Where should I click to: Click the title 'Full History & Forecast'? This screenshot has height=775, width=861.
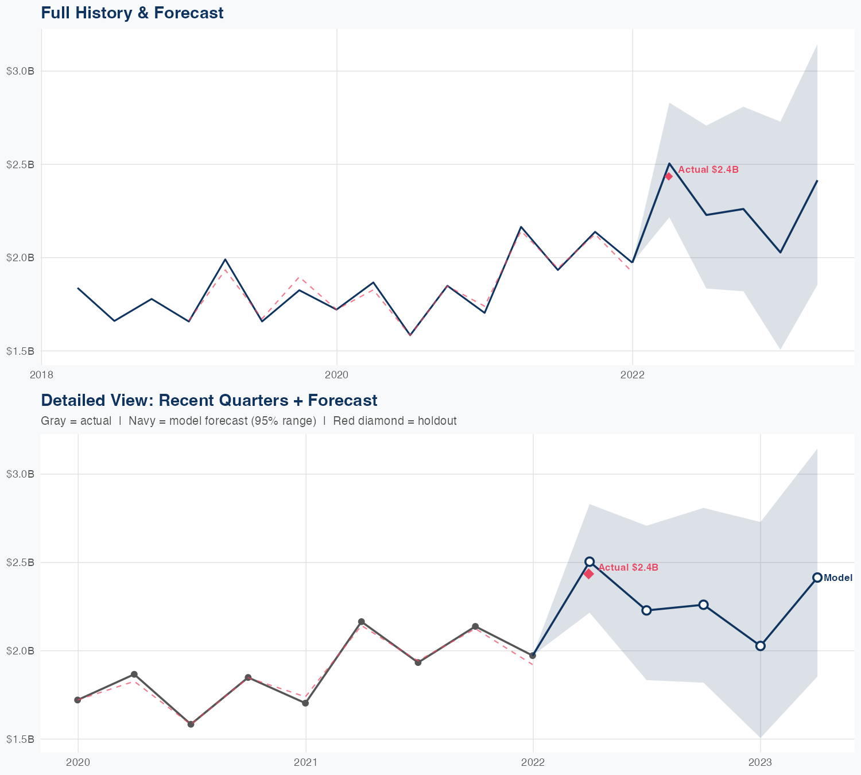pyautogui.click(x=132, y=13)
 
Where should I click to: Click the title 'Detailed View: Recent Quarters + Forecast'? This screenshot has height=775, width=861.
pyautogui.click(x=209, y=400)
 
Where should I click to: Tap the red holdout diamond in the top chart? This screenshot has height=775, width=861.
pyautogui.click(x=669, y=176)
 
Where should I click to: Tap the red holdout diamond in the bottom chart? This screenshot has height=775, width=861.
pyautogui.click(x=588, y=573)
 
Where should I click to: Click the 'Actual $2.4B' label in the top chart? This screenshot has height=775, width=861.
pyautogui.click(x=708, y=170)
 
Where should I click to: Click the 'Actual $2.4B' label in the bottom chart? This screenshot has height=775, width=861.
pyautogui.click(x=628, y=567)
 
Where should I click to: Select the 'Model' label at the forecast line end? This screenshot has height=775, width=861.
pyautogui.click(x=837, y=578)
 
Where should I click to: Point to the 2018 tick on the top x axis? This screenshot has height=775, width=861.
pyautogui.click(x=41, y=375)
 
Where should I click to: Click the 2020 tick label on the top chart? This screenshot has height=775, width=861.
pyautogui.click(x=336, y=375)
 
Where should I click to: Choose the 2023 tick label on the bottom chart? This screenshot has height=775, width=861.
pyautogui.click(x=760, y=762)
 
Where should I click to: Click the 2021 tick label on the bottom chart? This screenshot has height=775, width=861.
pyautogui.click(x=305, y=762)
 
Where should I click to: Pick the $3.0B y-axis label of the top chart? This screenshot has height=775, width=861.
pyautogui.click(x=20, y=71)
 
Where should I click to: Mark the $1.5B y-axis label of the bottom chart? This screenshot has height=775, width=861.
pyautogui.click(x=20, y=739)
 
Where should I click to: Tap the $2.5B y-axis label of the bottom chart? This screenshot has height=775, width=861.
pyautogui.click(x=20, y=562)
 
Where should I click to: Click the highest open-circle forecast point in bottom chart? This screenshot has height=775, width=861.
pyautogui.click(x=589, y=561)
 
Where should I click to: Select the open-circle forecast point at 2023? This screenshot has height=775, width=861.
pyautogui.click(x=761, y=646)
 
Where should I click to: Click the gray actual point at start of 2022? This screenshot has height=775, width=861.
pyautogui.click(x=533, y=656)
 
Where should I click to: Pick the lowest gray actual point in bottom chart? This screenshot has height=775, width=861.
pyautogui.click(x=191, y=724)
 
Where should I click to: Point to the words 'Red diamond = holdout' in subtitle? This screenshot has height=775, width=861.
pyautogui.click(x=394, y=421)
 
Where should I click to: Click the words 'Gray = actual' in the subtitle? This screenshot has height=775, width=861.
pyautogui.click(x=76, y=421)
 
